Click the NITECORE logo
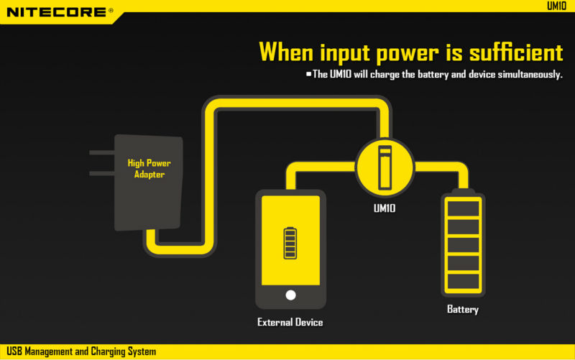tap(60, 12)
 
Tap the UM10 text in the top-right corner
tap(556, 6)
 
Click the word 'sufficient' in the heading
tap(516, 52)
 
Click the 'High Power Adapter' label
tap(149, 168)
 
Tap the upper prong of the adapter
tap(102, 152)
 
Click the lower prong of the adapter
tap(102, 173)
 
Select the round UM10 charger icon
tap(385, 167)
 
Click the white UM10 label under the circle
tap(385, 208)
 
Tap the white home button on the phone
tap(290, 295)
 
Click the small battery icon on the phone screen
tap(290, 243)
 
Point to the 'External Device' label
tap(290, 322)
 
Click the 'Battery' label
tap(463, 310)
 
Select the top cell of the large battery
tap(463, 208)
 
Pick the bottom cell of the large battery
tap(463, 281)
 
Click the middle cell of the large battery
tap(463, 245)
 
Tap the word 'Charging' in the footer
tap(109, 351)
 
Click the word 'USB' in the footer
tap(14, 351)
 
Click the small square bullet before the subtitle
tap(309, 74)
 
